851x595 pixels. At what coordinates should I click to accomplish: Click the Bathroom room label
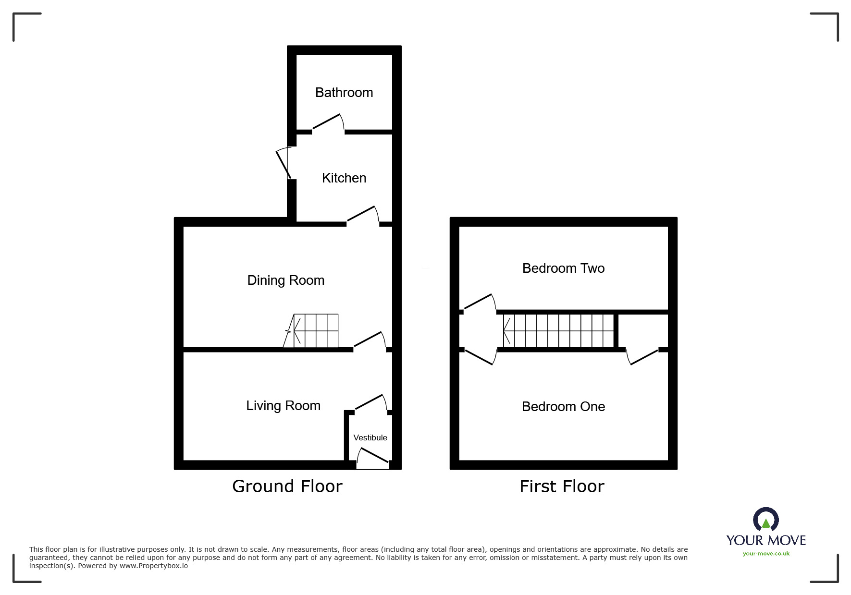344,92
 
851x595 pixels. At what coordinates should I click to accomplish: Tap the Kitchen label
344,178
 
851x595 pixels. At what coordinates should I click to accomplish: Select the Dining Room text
285,280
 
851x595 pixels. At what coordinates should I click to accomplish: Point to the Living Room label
283,405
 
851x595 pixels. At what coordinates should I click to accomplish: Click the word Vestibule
370,437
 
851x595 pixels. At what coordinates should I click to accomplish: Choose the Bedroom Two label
563,268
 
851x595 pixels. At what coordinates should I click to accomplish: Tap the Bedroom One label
563,406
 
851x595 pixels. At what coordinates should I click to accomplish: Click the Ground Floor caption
287,486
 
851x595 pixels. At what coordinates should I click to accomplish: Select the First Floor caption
561,486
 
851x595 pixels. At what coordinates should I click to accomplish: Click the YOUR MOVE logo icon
765,520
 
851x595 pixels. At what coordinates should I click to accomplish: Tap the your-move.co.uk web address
765,554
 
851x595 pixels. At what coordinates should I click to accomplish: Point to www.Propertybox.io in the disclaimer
153,566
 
